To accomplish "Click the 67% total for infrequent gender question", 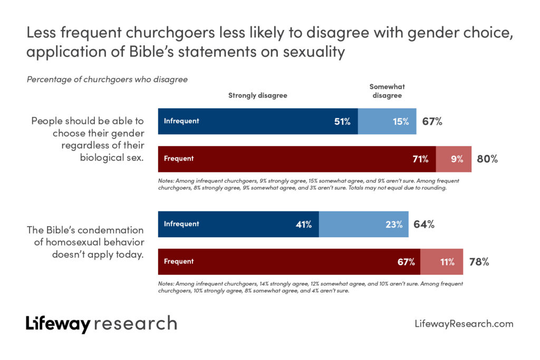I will pos(432,121).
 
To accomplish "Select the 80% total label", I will pos(487,159).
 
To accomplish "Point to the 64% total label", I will pos(423,224).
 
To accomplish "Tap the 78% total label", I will pos(479,261).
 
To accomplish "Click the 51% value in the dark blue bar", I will pos(342,121).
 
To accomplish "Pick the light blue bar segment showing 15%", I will pos(388,121).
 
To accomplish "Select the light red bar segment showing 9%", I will pos(454,159).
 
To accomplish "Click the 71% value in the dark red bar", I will pos(420,159).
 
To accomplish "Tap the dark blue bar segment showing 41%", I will pos(239,224).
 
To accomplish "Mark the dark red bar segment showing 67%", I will pos(289,261).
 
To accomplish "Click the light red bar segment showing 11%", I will pos(442,261).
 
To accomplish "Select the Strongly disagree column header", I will pos(257,95).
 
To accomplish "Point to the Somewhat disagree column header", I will pos(387,91).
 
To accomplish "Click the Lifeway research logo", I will pos(101,324).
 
